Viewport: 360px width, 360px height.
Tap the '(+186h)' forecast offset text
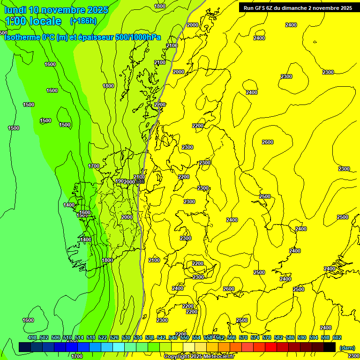tap(83, 21)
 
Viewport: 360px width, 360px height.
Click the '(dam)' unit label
tap(346, 348)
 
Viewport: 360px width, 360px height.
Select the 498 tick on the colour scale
tap(32, 337)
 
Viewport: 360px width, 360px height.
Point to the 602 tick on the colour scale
tap(337, 337)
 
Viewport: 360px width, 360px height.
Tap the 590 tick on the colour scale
tap(302, 337)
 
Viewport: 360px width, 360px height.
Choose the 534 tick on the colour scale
tap(138, 337)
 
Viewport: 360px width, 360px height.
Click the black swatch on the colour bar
tap(330, 347)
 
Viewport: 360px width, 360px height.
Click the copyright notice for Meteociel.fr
tap(199, 356)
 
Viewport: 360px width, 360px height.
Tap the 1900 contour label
tap(120, 181)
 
